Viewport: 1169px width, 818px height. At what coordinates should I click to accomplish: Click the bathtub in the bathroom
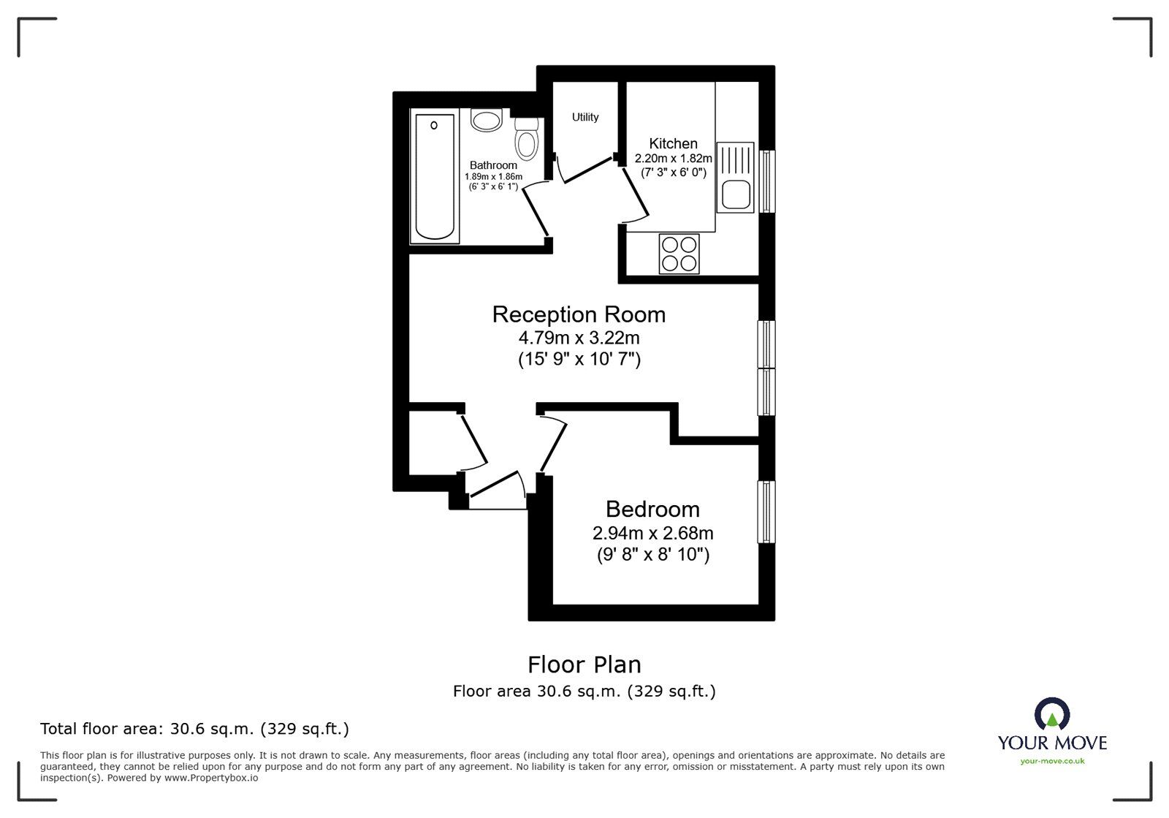pyautogui.click(x=434, y=177)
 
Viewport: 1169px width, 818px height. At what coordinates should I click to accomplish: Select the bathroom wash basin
pyautogui.click(x=486, y=120)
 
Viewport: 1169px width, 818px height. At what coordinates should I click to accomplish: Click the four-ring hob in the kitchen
pyautogui.click(x=679, y=254)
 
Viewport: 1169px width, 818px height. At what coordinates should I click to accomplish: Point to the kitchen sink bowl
pyautogui.click(x=735, y=195)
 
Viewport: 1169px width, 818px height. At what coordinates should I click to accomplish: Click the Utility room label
pyautogui.click(x=585, y=117)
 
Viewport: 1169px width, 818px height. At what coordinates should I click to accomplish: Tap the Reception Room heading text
pyautogui.click(x=579, y=314)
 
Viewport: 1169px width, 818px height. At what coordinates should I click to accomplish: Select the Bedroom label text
pyautogui.click(x=652, y=509)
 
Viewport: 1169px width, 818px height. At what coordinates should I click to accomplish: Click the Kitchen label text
pyautogui.click(x=673, y=143)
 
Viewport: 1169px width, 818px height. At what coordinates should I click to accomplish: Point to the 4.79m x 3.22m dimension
pyautogui.click(x=579, y=338)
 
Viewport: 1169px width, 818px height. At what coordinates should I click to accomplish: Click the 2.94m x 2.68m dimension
pyautogui.click(x=652, y=533)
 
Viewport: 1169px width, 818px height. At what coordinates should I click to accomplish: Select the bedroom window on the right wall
pyautogui.click(x=766, y=512)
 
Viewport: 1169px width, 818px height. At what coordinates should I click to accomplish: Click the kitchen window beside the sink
pyautogui.click(x=766, y=181)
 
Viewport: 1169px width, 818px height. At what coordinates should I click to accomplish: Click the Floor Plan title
pyautogui.click(x=584, y=664)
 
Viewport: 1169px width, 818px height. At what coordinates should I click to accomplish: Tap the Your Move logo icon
pyautogui.click(x=1052, y=714)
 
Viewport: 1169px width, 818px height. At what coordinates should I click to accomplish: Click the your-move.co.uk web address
pyautogui.click(x=1052, y=761)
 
